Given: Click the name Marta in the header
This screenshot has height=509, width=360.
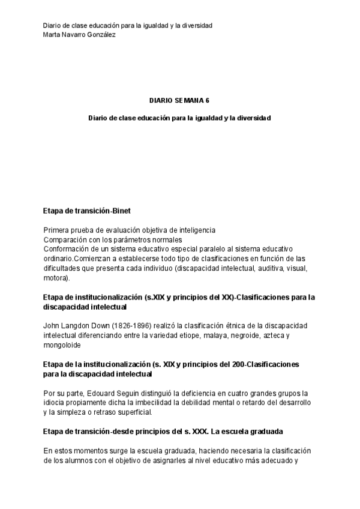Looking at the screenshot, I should click(x=53, y=34).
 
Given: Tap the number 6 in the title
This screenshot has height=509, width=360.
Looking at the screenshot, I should click(x=208, y=101).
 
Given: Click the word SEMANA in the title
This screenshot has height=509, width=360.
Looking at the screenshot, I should click(x=189, y=101).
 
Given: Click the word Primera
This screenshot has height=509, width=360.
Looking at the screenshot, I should click(x=57, y=230).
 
